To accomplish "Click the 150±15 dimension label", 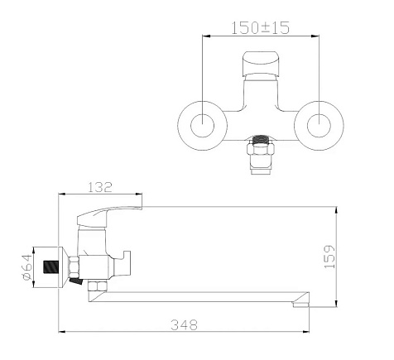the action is click(x=260, y=27).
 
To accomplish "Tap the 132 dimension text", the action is click(x=100, y=187).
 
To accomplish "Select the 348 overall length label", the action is click(x=184, y=324).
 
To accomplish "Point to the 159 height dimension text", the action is click(x=329, y=257).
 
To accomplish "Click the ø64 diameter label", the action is click(x=27, y=267).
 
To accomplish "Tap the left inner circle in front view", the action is click(x=203, y=126).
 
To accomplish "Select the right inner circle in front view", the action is click(x=319, y=126).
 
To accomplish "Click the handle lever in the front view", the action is click(x=261, y=64).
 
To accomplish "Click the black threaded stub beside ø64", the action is click(x=51, y=266).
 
